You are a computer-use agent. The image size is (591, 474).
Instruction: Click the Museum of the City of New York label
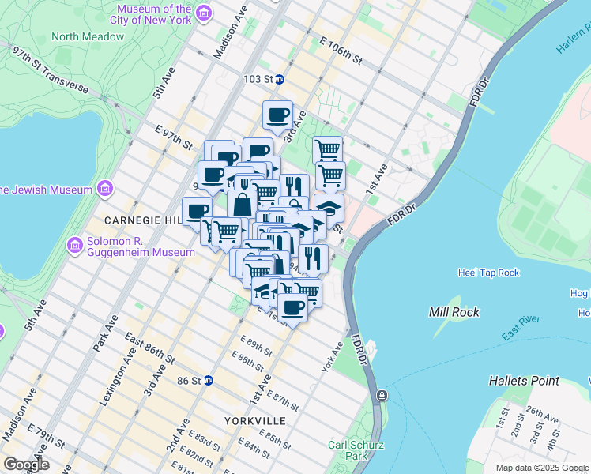(x=151, y=13)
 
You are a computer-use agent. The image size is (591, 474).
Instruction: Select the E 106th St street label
(x=341, y=50)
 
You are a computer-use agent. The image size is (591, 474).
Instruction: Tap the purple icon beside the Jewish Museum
(x=104, y=189)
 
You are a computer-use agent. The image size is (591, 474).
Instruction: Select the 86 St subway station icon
(x=209, y=380)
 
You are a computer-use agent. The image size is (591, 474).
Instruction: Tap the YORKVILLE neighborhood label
(x=253, y=420)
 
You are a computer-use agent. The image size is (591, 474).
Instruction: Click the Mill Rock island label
(x=454, y=312)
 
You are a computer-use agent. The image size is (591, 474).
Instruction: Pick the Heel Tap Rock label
(x=488, y=273)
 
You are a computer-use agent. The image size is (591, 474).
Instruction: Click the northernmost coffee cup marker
(x=277, y=115)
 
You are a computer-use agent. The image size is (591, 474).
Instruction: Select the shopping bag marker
(x=242, y=204)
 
